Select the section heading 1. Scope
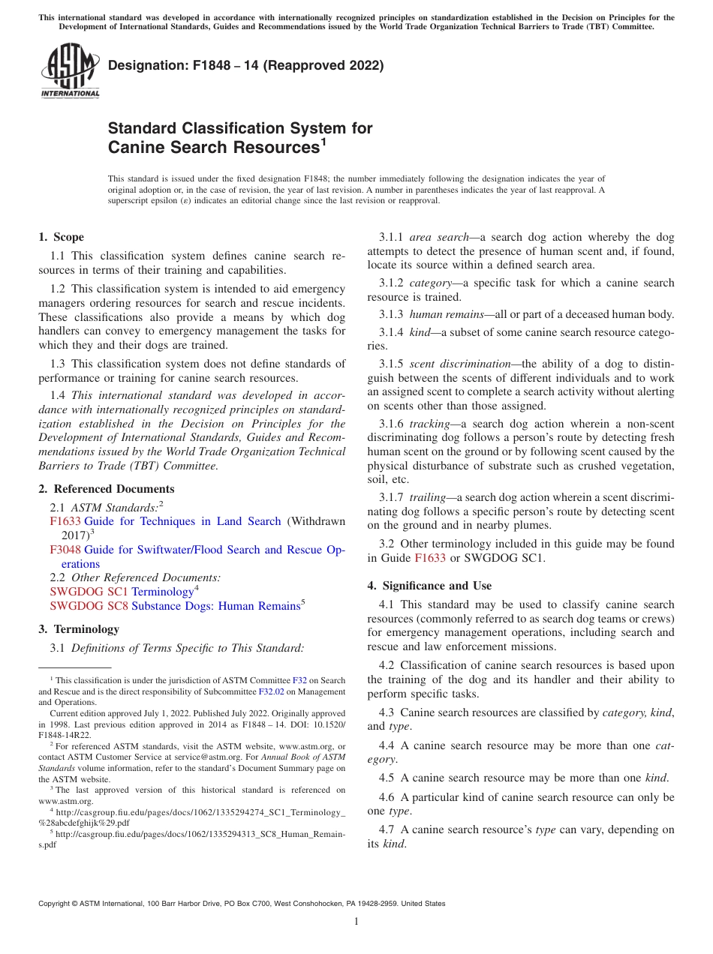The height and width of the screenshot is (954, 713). pos(61,237)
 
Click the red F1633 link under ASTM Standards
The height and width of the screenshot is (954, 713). pos(65,521)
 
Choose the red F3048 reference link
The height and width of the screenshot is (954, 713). pos(65,550)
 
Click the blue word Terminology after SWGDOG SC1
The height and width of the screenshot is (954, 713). pos(162,592)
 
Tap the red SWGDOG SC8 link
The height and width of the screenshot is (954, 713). pos(89,606)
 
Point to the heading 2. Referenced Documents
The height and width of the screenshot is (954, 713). pos(106,489)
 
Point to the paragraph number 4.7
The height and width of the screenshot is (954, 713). pos(387,829)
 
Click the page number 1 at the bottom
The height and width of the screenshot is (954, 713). pos(356,922)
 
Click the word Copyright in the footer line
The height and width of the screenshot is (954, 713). pos(55,904)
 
